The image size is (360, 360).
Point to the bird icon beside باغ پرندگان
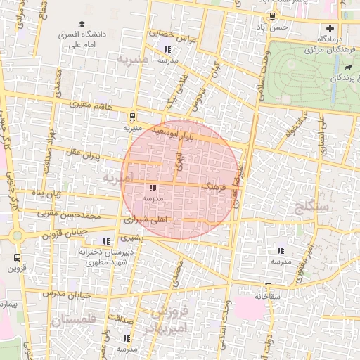point(349,67)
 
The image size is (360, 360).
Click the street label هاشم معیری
point(91,105)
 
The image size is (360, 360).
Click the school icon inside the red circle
point(153,188)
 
